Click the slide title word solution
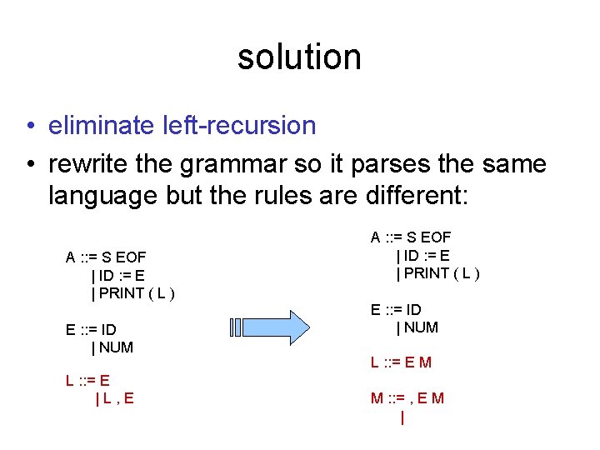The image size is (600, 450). [x=299, y=57]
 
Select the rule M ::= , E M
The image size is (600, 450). [x=407, y=398]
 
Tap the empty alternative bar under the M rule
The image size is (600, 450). [x=402, y=418]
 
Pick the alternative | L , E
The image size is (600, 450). [x=114, y=398]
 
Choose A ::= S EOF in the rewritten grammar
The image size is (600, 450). [x=411, y=237]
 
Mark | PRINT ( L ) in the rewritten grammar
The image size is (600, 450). [x=438, y=273]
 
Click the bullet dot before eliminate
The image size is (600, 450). [x=30, y=127]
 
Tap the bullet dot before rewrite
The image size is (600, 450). [x=30, y=164]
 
